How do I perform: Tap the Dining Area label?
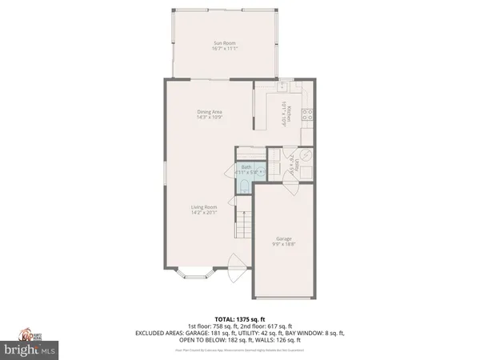[210, 111]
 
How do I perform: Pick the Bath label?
[246, 166]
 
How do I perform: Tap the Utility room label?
[297, 163]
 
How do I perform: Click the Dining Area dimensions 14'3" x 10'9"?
[210, 118]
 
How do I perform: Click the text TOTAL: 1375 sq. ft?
[240, 319]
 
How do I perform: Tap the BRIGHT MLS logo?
[29, 349]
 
